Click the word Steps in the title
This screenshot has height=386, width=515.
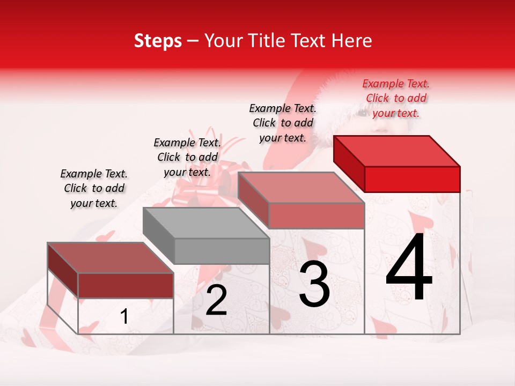click(158, 41)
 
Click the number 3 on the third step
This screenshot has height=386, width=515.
click(314, 284)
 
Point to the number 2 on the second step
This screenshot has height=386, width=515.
click(216, 300)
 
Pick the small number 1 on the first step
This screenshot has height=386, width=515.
click(124, 317)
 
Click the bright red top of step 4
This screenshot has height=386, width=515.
click(397, 151)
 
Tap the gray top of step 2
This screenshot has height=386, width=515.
click(207, 222)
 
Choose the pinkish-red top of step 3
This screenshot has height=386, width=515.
click(301, 188)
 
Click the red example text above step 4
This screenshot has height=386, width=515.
click(396, 98)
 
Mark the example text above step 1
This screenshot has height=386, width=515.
click(94, 188)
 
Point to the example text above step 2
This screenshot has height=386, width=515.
click(187, 157)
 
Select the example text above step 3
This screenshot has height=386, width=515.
click(283, 123)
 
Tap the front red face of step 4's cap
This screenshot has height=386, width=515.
click(412, 179)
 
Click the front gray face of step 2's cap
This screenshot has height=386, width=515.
click(222, 250)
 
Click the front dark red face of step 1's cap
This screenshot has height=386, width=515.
click(126, 285)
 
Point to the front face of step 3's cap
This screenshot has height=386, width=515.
click(317, 215)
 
